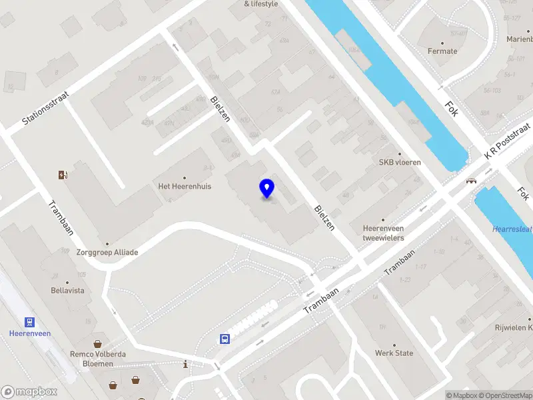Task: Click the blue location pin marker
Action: tap(266, 188)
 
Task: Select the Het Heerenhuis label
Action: tap(184, 186)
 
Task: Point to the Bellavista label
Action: tap(68, 291)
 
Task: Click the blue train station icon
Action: tap(29, 322)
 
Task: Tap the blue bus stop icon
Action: tap(225, 339)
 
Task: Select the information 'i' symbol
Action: tap(185, 365)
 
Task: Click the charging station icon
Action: tap(63, 175)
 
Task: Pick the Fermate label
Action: tap(442, 51)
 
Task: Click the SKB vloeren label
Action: tap(400, 162)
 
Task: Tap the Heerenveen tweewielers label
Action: tap(383, 233)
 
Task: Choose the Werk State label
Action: tap(394, 353)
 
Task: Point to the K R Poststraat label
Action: tap(507, 141)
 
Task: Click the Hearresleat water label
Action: tap(512, 229)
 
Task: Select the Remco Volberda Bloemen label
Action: tap(98, 359)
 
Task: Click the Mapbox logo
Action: tap(29, 391)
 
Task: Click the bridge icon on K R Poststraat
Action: tap(472, 180)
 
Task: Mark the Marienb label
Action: tap(519, 39)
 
